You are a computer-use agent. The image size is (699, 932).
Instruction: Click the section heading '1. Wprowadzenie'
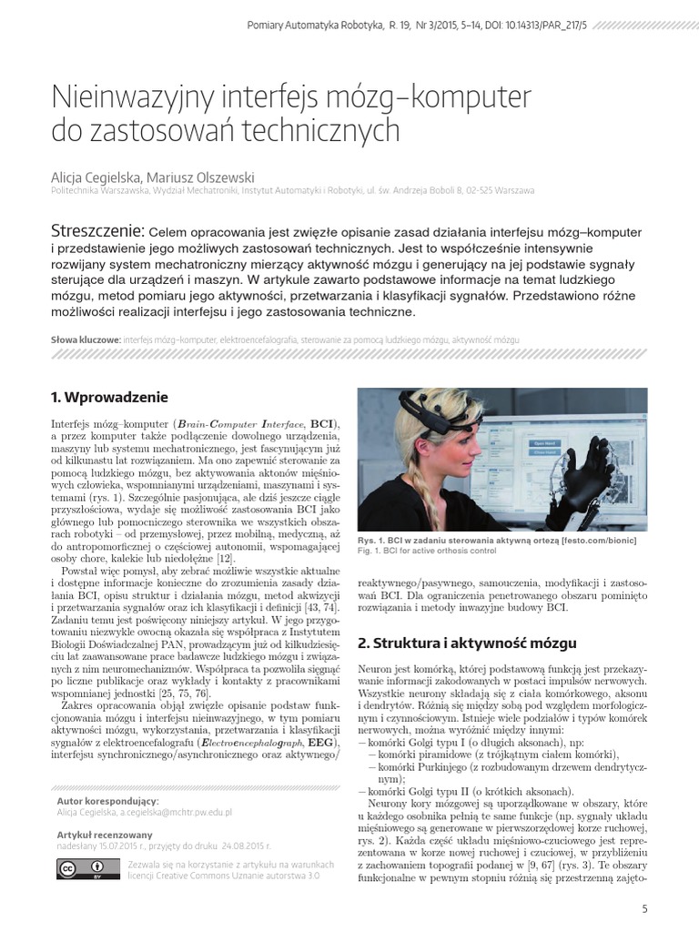click(109, 397)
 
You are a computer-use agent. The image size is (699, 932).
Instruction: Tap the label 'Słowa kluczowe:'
click(86, 339)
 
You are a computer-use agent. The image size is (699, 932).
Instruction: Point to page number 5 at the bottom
click(645, 907)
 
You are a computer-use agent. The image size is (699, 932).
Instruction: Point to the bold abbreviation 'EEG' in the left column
click(319, 743)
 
